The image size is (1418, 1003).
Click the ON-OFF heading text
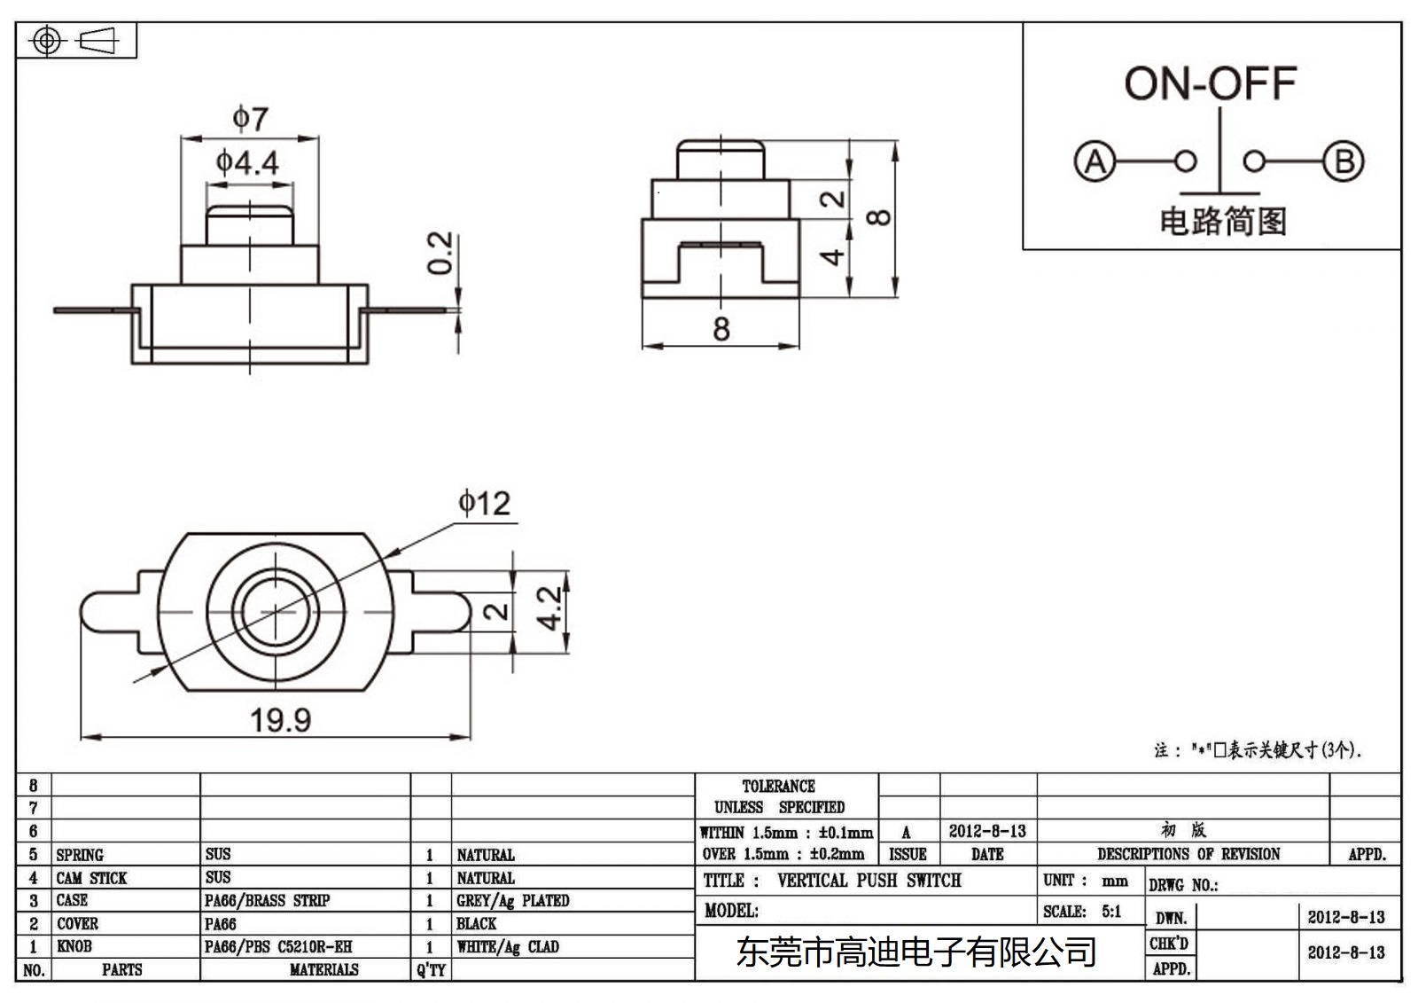coord(1210,84)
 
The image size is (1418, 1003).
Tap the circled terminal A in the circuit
coord(1095,162)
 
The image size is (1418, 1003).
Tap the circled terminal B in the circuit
coord(1344,162)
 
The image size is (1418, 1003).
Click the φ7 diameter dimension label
coord(250,119)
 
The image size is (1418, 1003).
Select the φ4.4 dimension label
coord(247,163)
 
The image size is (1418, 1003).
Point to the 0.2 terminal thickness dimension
coord(440,254)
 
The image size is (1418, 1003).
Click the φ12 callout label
coord(484,505)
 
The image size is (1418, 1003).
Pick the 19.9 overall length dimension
coord(280,720)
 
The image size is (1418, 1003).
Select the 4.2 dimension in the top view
coord(549,608)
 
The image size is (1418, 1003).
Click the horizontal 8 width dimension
coord(721,329)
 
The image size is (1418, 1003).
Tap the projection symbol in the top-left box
coord(74,41)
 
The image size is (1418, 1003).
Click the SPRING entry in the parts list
coord(80,855)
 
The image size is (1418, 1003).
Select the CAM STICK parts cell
coord(91,878)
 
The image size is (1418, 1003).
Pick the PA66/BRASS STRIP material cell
coord(267,901)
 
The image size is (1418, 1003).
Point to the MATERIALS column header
coord(323,970)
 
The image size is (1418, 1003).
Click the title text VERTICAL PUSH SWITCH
coord(869,881)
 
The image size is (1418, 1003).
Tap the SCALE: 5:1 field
coord(1082,912)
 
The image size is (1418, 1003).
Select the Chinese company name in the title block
coord(915,952)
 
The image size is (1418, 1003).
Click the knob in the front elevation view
coord(249,225)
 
